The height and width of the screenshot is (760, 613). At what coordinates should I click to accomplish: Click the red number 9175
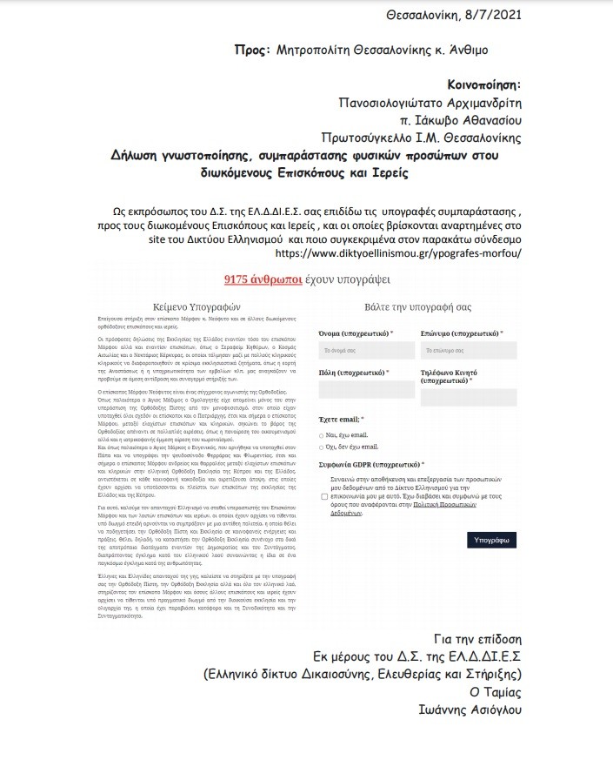237,279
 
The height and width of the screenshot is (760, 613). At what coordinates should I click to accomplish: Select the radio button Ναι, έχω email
321,434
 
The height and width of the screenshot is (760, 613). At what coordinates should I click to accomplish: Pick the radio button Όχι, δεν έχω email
321,446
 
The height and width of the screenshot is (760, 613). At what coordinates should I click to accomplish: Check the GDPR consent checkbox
323,495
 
